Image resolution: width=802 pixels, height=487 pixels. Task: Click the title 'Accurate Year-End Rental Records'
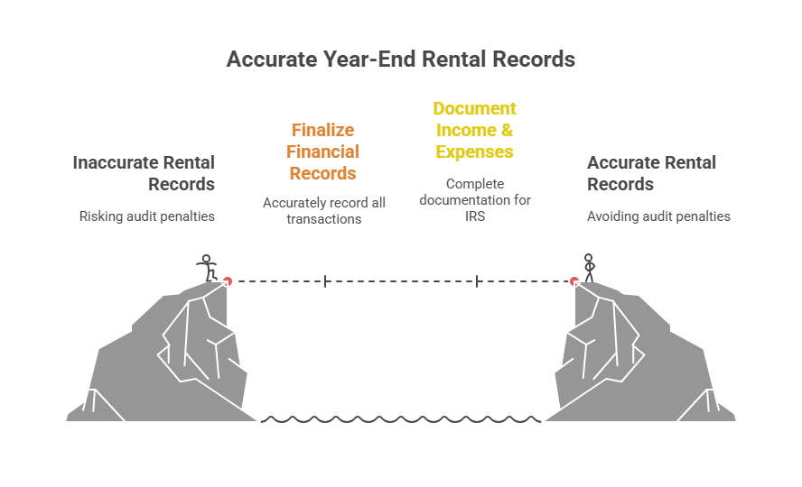click(x=400, y=60)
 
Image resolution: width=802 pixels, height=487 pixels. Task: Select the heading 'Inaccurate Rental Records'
click(x=145, y=173)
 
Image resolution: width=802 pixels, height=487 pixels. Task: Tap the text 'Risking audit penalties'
click(x=147, y=216)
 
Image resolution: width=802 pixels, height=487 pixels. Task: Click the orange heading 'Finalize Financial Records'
click(x=323, y=152)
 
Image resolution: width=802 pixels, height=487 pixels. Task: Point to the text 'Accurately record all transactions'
click(x=323, y=210)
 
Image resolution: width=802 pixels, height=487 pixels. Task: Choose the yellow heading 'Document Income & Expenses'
click(x=474, y=130)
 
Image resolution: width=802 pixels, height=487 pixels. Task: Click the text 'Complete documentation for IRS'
click(x=475, y=200)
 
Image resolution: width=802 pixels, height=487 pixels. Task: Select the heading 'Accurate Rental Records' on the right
click(x=651, y=173)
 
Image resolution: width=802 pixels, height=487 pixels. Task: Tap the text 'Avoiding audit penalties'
click(x=658, y=216)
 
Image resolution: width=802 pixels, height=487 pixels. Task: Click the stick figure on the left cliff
click(x=208, y=268)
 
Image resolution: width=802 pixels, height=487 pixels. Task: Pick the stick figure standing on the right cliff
click(x=589, y=268)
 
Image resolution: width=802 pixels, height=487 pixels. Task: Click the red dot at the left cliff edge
click(x=228, y=281)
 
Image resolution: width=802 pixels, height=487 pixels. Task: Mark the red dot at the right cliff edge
click(x=574, y=281)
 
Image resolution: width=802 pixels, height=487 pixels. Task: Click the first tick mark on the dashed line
click(x=325, y=281)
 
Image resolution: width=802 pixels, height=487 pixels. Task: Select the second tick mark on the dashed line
click(x=477, y=281)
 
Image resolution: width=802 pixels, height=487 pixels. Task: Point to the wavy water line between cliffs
click(x=401, y=419)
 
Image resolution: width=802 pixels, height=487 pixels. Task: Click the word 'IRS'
click(x=475, y=216)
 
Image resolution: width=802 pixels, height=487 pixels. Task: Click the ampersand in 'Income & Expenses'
click(x=507, y=130)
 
